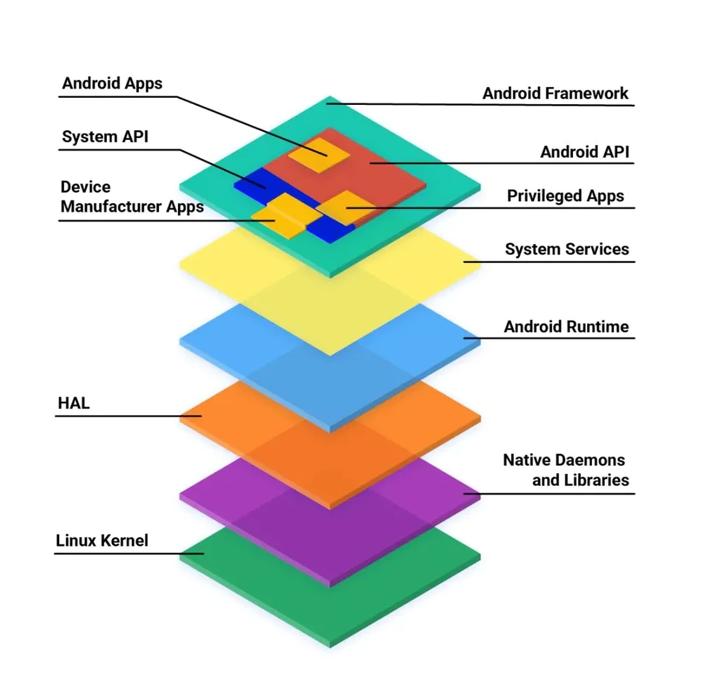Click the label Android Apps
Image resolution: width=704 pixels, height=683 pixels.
click(112, 84)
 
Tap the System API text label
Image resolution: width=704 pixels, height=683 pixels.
click(105, 136)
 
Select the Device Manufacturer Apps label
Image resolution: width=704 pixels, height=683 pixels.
click(132, 197)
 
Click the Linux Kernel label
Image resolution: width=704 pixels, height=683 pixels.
click(102, 541)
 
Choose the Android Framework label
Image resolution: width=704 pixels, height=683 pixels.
click(555, 93)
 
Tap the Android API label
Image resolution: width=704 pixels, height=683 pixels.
click(584, 151)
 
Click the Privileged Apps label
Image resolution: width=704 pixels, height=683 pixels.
click(565, 196)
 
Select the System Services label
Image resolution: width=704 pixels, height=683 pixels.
click(567, 249)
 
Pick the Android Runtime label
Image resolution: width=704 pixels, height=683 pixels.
click(566, 326)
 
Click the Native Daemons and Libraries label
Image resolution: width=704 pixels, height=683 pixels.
click(565, 470)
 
